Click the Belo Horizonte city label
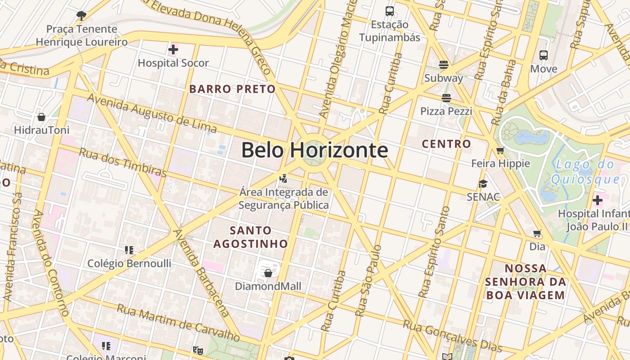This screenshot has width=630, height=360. [314, 150]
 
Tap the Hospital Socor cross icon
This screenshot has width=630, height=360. [173, 49]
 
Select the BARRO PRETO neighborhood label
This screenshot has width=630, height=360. [232, 89]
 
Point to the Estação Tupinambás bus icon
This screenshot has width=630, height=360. [390, 11]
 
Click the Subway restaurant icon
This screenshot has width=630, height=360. [444, 65]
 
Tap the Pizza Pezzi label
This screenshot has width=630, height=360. [446, 111]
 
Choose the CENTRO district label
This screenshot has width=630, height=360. [446, 144]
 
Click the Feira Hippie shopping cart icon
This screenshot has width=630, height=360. [500, 150]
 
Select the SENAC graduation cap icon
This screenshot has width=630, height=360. [483, 184]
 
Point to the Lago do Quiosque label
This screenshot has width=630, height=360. [585, 172]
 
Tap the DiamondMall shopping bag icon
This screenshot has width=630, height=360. [268, 273]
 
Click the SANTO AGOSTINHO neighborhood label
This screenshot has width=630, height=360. [250, 237]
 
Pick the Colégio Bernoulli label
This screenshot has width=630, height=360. [129, 263]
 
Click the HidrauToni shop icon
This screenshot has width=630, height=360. [41, 117]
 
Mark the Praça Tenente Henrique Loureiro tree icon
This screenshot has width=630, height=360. [81, 16]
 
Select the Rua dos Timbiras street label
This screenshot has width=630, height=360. [122, 162]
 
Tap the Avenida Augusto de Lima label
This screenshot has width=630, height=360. [152, 114]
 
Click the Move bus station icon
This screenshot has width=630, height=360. [544, 55]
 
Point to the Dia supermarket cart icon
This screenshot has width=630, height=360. [537, 233]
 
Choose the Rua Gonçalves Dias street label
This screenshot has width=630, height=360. [452, 336]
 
